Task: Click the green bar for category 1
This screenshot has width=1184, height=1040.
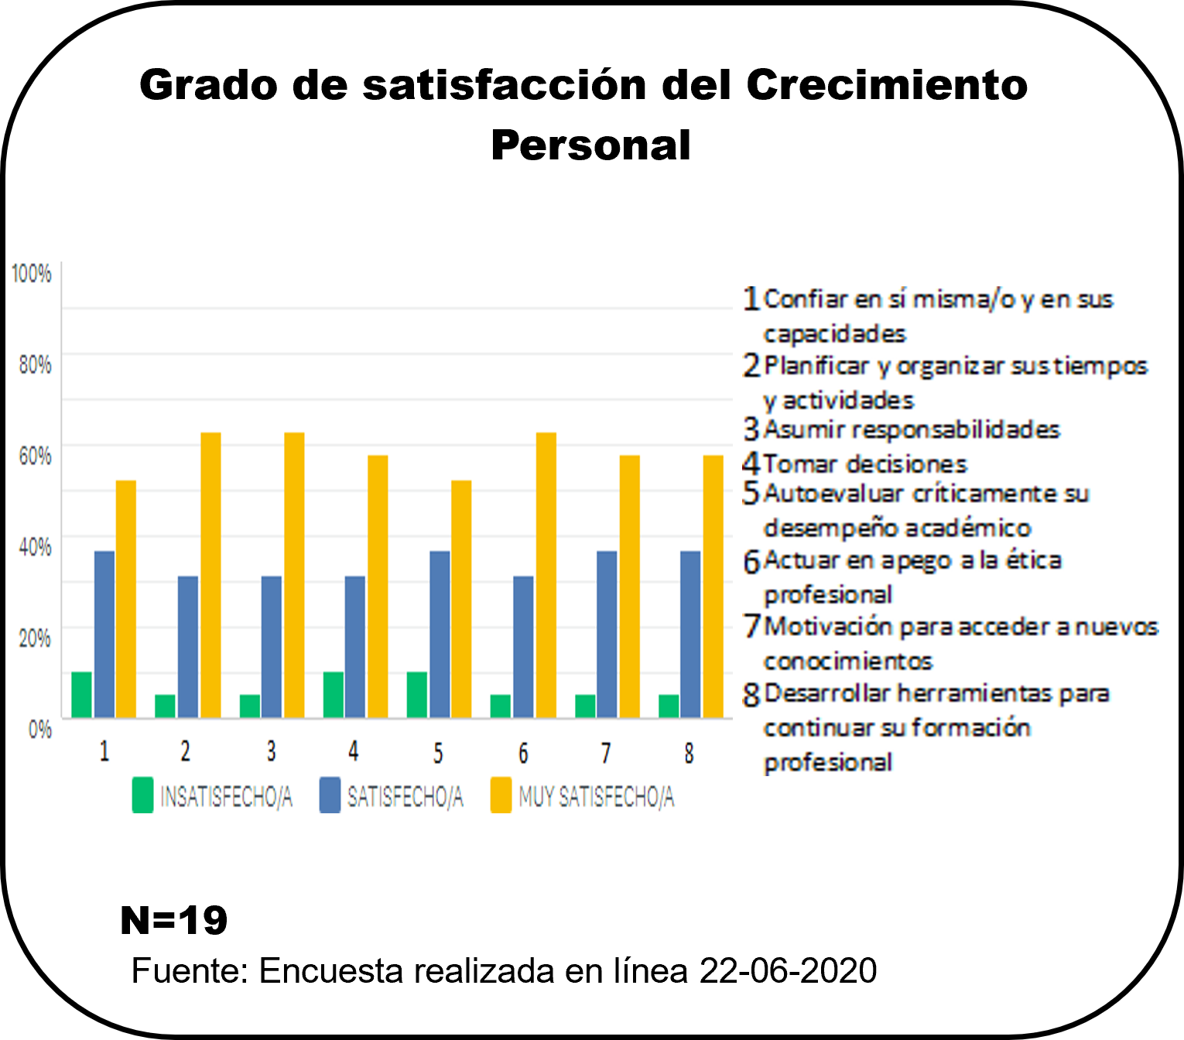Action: tap(81, 694)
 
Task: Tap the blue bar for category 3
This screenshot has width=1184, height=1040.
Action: tap(272, 646)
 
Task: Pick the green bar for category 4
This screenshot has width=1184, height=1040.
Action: tap(334, 694)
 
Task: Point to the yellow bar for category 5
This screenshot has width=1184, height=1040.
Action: tap(461, 599)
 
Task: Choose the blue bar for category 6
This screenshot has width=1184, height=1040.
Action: tap(523, 646)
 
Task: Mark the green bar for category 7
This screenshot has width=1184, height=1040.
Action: tap(585, 706)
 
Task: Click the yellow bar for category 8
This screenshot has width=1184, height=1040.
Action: tap(713, 587)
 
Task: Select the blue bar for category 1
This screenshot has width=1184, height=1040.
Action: tap(104, 634)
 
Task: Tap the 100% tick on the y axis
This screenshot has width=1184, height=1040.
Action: tap(31, 273)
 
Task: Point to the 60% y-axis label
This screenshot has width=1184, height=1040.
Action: tap(35, 456)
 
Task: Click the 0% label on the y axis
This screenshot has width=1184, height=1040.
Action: tap(39, 729)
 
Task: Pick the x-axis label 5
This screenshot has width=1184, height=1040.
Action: tap(438, 753)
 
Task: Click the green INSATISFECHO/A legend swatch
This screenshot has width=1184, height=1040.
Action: tap(142, 795)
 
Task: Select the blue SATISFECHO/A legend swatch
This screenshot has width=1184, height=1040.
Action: tap(330, 795)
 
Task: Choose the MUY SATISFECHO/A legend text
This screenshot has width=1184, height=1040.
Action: tap(596, 796)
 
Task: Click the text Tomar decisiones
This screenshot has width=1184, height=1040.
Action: tap(865, 464)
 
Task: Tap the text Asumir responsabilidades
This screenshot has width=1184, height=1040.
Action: tap(912, 429)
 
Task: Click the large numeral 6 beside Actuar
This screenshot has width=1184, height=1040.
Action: tap(751, 562)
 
